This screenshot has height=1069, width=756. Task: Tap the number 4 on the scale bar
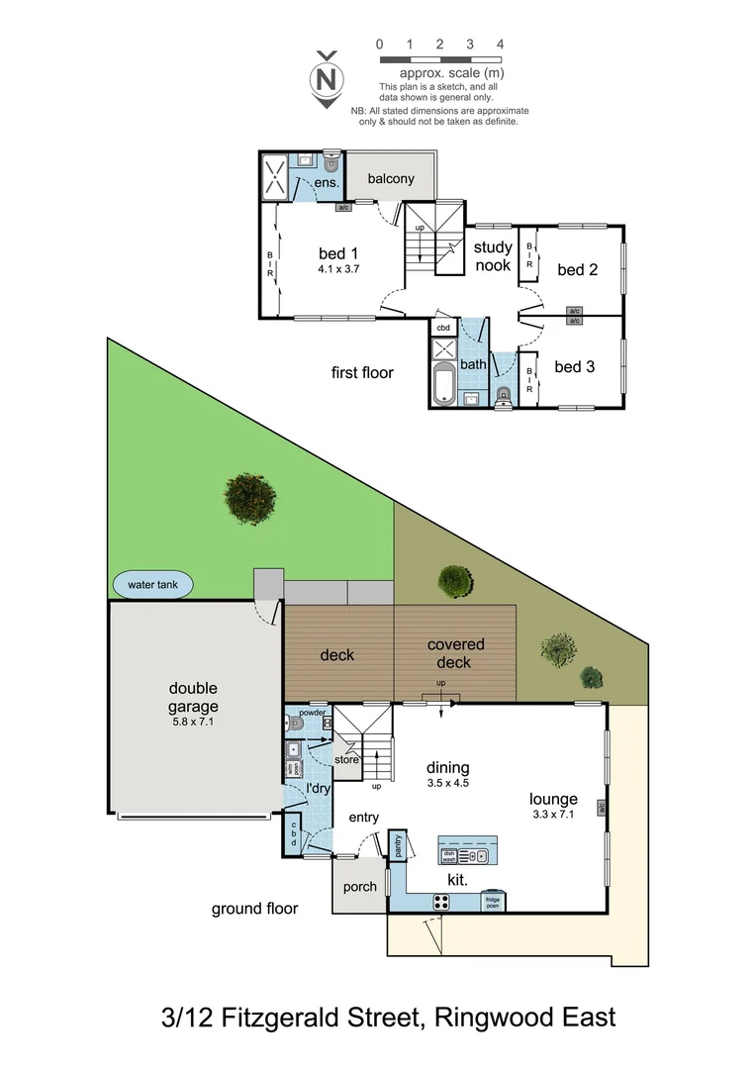(501, 45)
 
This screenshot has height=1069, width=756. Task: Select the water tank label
(153, 585)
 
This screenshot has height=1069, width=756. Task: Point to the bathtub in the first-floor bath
(443, 384)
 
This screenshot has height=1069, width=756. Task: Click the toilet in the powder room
(295, 724)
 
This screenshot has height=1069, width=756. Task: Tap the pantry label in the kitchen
(398, 846)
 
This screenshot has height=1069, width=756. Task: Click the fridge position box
(492, 903)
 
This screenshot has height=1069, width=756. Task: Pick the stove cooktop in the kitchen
(440, 902)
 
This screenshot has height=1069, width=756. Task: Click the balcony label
(390, 179)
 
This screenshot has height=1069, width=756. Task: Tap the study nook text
(493, 256)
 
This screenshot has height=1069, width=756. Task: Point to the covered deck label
(455, 653)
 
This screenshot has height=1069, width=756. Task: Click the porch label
(359, 886)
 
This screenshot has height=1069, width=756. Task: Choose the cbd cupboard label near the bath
(443, 328)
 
